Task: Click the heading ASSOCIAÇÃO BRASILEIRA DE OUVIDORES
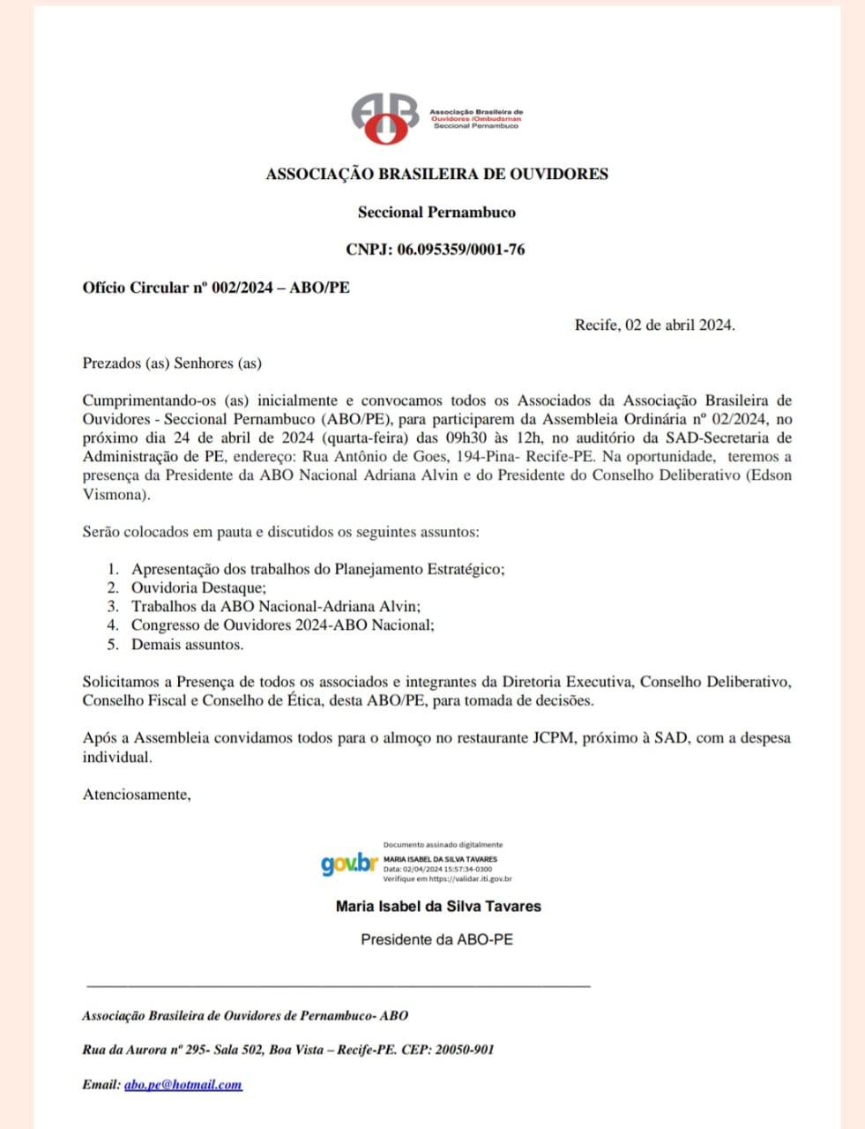click(436, 174)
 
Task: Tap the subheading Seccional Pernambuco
click(436, 212)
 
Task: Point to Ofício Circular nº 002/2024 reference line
click(215, 288)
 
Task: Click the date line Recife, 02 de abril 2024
click(654, 325)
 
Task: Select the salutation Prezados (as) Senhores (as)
click(172, 363)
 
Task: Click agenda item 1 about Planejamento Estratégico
click(317, 569)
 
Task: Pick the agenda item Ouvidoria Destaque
click(198, 587)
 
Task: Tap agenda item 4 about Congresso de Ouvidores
click(282, 625)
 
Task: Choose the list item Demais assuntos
click(187, 644)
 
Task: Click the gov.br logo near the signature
click(349, 864)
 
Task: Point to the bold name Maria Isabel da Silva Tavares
click(438, 906)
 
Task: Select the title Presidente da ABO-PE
click(436, 939)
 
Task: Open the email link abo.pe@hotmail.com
click(183, 1085)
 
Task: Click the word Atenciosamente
click(136, 794)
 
